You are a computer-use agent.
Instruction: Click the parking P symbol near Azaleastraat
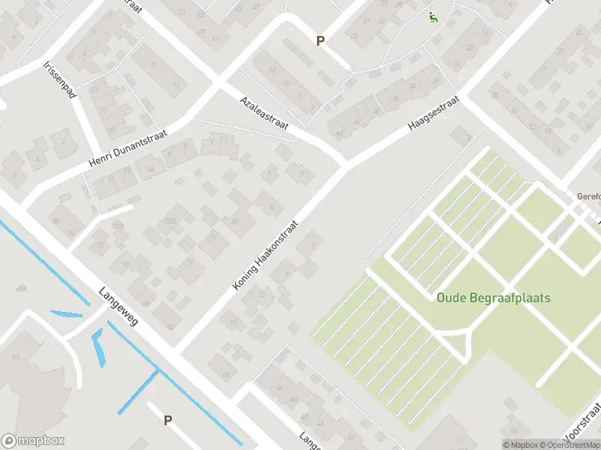pyautogui.click(x=320, y=41)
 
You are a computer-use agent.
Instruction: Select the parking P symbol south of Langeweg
pyautogui.click(x=168, y=421)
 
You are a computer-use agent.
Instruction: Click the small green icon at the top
pyautogui.click(x=433, y=16)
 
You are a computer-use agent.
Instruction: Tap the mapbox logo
pyautogui.click(x=32, y=441)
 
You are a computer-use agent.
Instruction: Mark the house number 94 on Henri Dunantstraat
pyautogui.click(x=150, y=170)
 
